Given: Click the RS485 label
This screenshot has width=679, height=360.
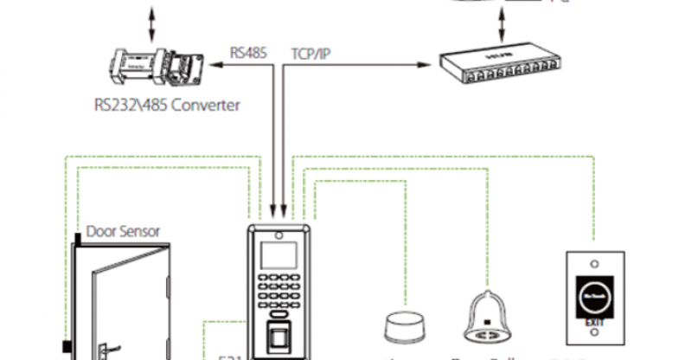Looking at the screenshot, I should [247, 52].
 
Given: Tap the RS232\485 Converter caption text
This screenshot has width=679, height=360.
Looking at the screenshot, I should [167, 106].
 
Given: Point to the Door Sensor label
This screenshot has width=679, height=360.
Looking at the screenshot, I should [122, 232].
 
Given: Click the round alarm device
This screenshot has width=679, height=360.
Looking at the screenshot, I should [402, 327].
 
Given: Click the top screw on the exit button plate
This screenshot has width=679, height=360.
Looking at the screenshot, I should [594, 264].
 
